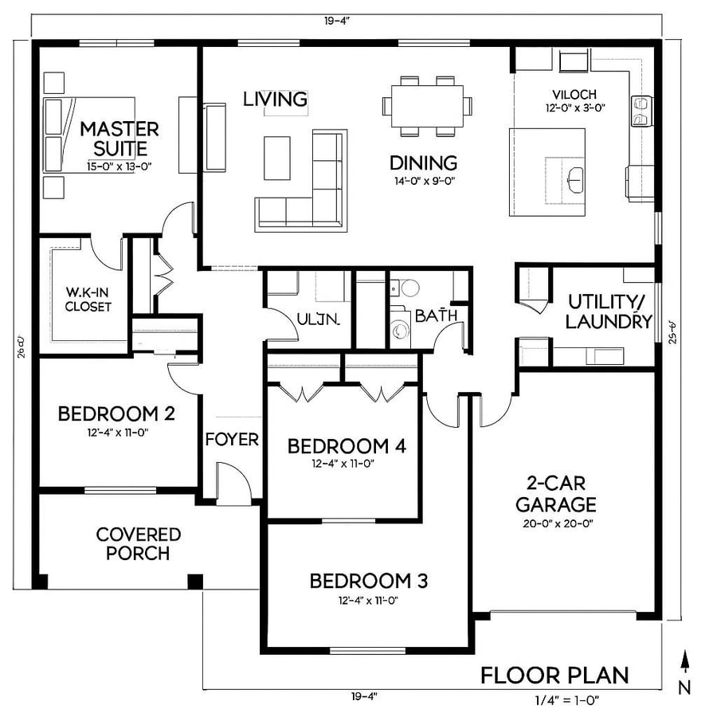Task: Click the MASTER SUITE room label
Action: (x=119, y=138)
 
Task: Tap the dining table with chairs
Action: (x=426, y=105)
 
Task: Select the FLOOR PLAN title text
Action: (x=554, y=676)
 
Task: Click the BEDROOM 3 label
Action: (x=368, y=581)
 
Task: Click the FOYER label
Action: (x=232, y=440)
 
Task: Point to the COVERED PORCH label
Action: (x=139, y=543)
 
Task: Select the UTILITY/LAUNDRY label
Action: (x=609, y=311)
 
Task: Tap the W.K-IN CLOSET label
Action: (x=88, y=300)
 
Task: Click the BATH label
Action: (x=436, y=315)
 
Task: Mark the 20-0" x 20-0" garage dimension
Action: (x=555, y=523)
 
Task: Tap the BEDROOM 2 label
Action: (x=117, y=413)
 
